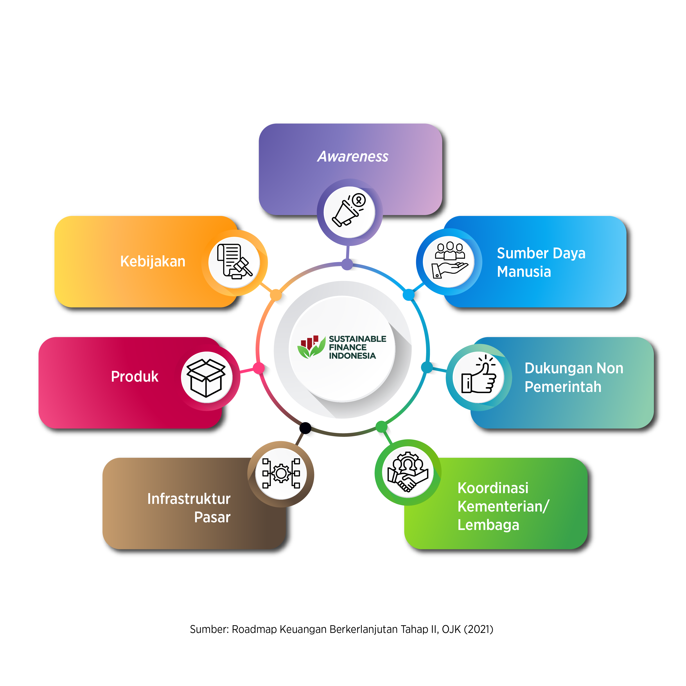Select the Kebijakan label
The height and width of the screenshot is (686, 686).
[153, 261]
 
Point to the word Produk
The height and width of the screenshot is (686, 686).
[135, 376]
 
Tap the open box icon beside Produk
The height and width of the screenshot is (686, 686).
[206, 377]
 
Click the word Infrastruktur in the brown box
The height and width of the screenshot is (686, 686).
[189, 499]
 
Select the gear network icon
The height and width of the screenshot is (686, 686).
[281, 473]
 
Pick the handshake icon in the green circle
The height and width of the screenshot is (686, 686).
[408, 472]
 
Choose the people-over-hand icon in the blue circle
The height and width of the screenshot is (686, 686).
[449, 260]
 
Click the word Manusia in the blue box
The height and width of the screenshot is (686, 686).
[524, 272]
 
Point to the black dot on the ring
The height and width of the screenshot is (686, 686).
[305, 428]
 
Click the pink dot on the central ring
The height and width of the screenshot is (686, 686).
[259, 368]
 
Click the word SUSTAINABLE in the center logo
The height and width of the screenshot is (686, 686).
[357, 339]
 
